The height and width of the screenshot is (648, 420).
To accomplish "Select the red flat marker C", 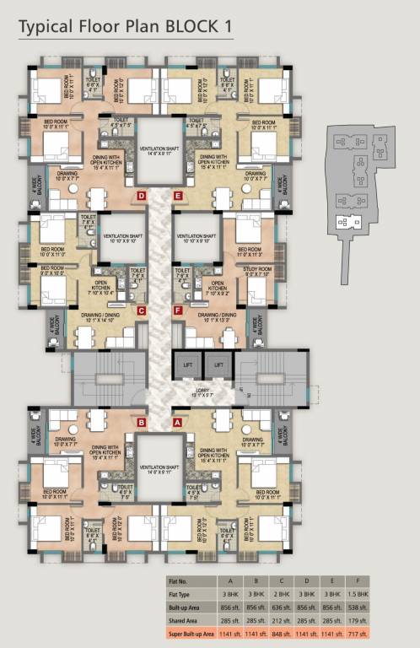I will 141,310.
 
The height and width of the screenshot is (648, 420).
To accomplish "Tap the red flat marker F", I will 178,310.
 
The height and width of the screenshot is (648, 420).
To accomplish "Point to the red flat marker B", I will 143,421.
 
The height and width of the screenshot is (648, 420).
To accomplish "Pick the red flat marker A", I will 177,421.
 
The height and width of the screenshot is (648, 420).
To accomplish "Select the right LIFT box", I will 217,364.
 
